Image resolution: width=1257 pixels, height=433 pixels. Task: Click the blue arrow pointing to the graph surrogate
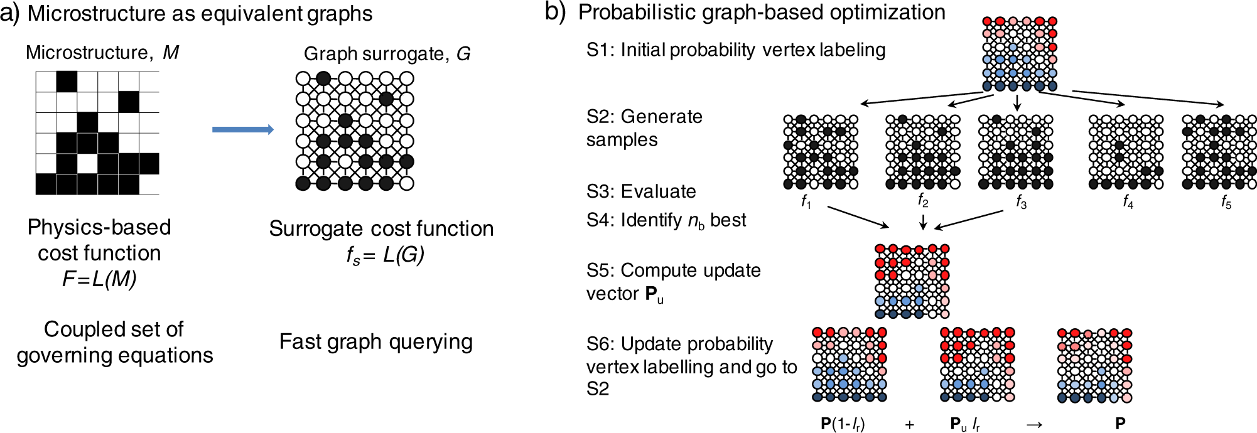[243, 129]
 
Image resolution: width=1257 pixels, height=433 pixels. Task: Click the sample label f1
[806, 201]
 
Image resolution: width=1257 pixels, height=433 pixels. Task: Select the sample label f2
[922, 200]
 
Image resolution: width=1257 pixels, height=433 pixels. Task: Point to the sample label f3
[1022, 201]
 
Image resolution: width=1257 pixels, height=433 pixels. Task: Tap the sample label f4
[1128, 201]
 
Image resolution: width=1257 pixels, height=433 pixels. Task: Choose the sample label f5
[1226, 201]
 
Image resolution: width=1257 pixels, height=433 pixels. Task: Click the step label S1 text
[735, 50]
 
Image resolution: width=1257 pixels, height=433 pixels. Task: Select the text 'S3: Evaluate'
[641, 191]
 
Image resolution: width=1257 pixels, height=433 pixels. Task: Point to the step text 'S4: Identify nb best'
[666, 220]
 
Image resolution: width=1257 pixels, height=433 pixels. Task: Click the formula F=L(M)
[99, 279]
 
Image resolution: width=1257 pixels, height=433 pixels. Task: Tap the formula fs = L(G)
[386, 255]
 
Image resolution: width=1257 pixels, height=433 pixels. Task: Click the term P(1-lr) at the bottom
[843, 424]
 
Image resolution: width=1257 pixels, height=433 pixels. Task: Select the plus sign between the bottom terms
[909, 425]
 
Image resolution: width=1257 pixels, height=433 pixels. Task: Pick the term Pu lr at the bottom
[965, 424]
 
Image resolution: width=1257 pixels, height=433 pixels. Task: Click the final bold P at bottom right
[1120, 424]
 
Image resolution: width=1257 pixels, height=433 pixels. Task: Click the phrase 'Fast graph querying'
[375, 342]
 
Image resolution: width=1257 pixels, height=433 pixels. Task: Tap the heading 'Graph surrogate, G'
[387, 54]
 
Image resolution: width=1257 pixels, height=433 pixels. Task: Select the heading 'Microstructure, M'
[102, 52]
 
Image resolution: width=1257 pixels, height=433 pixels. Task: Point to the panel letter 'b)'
[555, 12]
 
